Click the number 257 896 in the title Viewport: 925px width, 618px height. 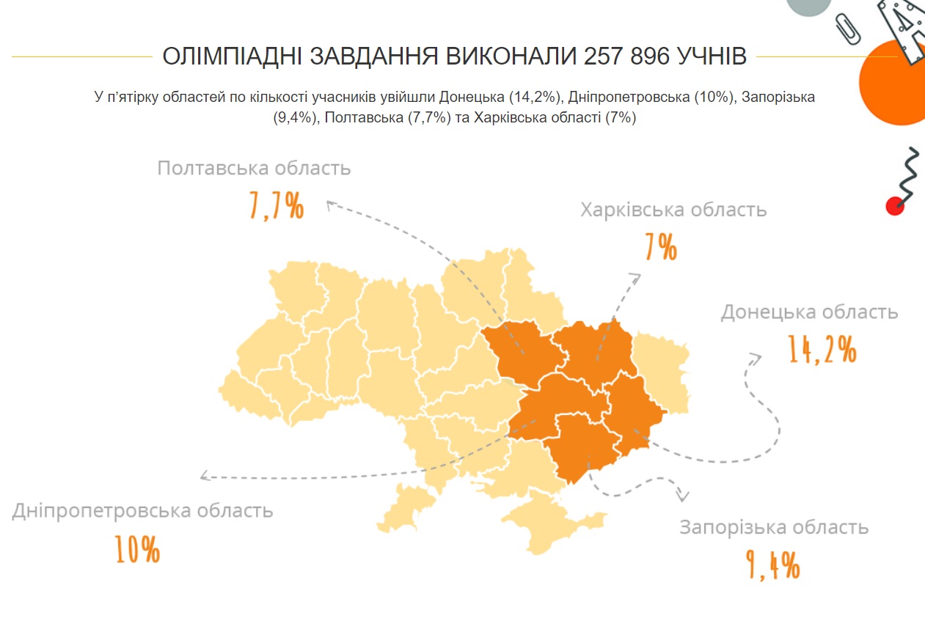click(x=626, y=56)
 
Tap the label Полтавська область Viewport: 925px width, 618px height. click(x=254, y=168)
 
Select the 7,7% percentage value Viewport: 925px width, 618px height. click(x=276, y=207)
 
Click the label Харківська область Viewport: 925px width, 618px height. click(x=673, y=210)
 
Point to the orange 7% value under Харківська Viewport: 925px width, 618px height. click(x=661, y=248)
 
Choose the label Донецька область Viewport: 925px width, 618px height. click(x=809, y=312)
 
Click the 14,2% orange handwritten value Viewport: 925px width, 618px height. click(x=822, y=349)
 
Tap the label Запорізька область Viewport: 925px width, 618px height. click(x=774, y=527)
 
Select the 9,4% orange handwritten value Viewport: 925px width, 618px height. click(x=772, y=564)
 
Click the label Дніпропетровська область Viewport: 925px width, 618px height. click(x=142, y=510)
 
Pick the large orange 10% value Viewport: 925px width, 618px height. click(x=137, y=549)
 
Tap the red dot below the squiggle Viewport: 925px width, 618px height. click(x=895, y=206)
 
